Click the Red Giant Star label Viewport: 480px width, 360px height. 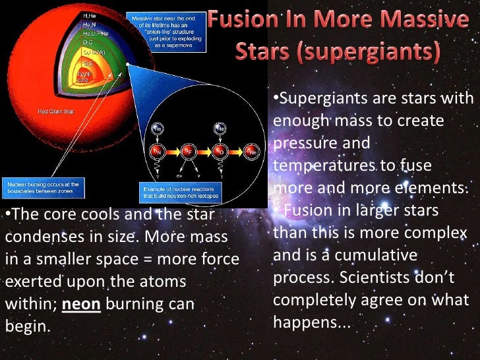click(x=55, y=111)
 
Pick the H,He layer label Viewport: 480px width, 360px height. click(x=88, y=15)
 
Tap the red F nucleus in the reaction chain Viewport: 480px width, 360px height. click(x=187, y=152)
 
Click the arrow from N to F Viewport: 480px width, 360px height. click(x=172, y=152)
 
